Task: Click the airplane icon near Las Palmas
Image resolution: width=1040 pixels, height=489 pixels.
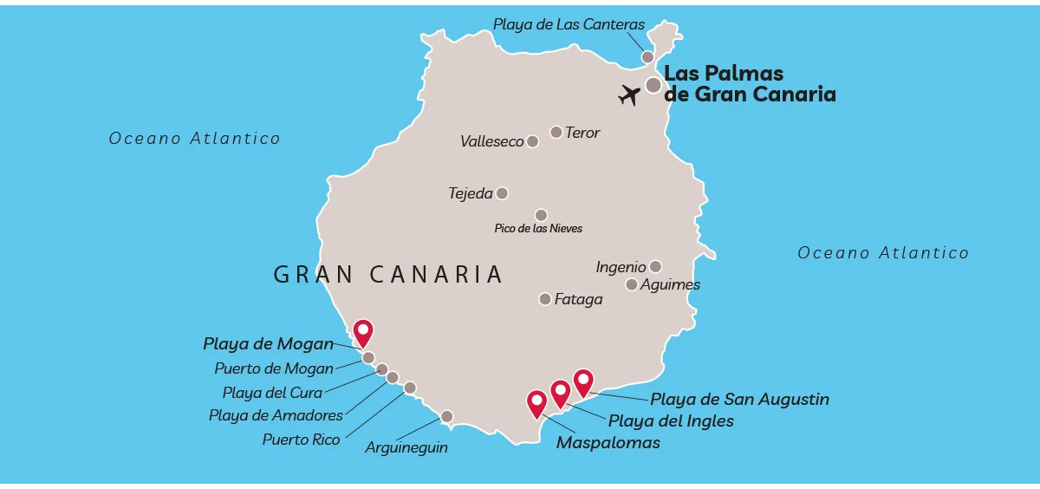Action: click(x=629, y=94)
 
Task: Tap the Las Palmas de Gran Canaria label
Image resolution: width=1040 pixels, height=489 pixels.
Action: click(x=749, y=84)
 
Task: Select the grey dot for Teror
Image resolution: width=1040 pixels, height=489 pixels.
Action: click(x=556, y=133)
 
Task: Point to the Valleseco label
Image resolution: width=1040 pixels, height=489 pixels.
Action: click(x=491, y=141)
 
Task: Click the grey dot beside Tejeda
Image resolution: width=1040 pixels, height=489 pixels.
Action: click(x=502, y=193)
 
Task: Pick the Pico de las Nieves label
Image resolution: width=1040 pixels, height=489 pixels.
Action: click(x=538, y=229)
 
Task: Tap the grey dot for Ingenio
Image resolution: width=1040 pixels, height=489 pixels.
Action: click(x=655, y=267)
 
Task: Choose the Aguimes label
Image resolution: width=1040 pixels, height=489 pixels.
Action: click(x=670, y=284)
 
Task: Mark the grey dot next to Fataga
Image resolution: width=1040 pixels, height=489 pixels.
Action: click(x=545, y=299)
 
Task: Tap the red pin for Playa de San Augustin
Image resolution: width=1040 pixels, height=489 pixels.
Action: click(x=583, y=381)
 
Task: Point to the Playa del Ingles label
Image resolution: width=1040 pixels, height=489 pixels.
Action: click(x=671, y=421)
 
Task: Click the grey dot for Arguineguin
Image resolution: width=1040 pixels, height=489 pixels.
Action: click(x=446, y=416)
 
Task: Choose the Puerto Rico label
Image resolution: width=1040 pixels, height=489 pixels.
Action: click(x=301, y=440)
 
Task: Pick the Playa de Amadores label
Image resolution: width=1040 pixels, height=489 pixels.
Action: click(x=276, y=415)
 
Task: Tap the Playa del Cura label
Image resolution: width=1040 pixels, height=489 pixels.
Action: click(x=272, y=393)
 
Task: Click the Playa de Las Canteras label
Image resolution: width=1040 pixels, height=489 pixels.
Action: click(x=569, y=24)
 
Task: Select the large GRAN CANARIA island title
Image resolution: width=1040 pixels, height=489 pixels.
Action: click(x=388, y=275)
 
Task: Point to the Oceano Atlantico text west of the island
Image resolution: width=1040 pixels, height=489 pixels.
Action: click(x=194, y=139)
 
